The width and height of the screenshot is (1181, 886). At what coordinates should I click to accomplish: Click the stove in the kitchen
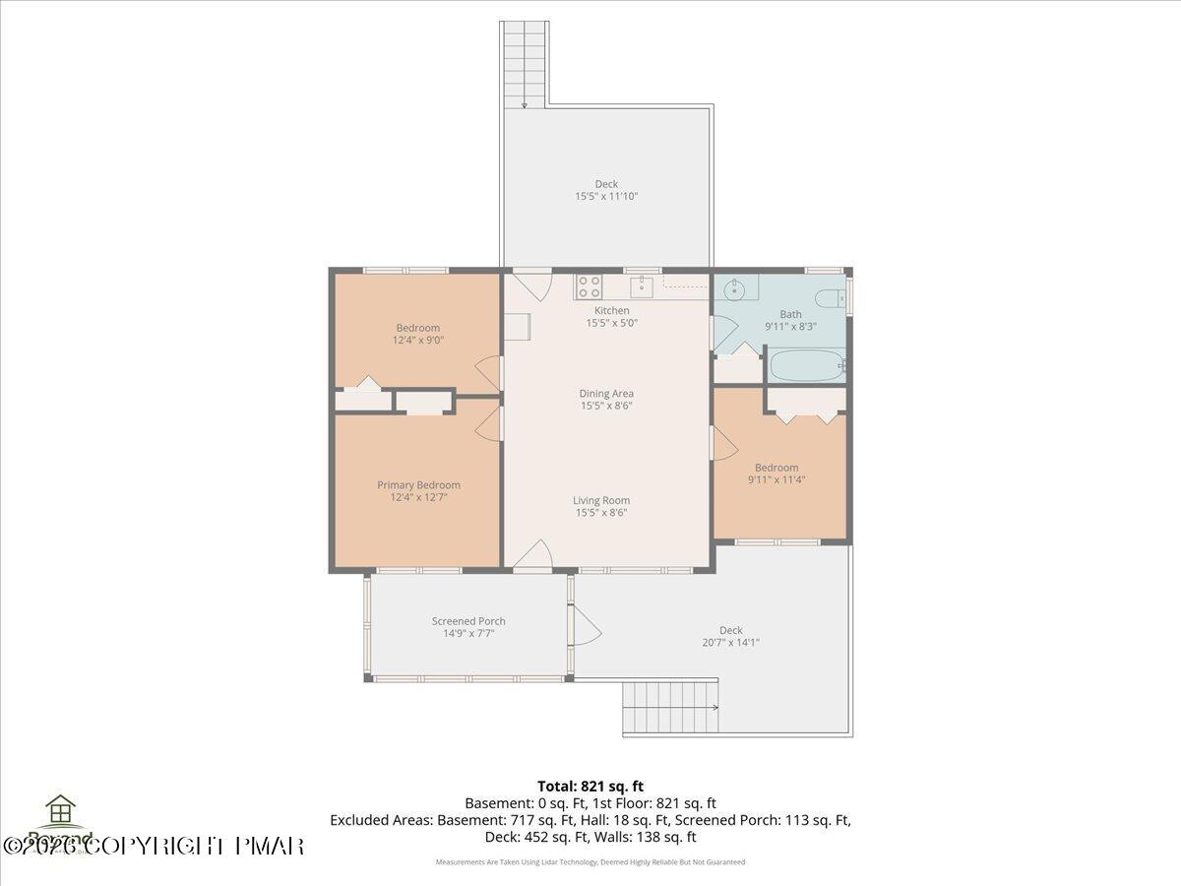click(x=589, y=286)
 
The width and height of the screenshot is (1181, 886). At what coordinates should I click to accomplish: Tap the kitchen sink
click(x=642, y=286)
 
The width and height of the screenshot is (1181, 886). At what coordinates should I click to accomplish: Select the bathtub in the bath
click(x=806, y=366)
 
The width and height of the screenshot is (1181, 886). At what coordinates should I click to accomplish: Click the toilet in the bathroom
click(x=828, y=298)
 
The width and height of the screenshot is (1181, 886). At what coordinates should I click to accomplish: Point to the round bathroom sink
click(x=733, y=290)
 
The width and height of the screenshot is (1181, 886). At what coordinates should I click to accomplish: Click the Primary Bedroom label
click(x=418, y=484)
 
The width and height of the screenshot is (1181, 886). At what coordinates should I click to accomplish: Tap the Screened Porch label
click(x=468, y=621)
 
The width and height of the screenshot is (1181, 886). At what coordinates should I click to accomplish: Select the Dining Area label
click(x=606, y=393)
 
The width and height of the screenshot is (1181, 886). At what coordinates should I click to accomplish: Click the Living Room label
click(x=601, y=500)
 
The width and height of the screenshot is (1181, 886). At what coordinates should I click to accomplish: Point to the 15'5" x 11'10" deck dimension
click(x=606, y=196)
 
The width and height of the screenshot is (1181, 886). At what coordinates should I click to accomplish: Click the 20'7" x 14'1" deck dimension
click(x=730, y=642)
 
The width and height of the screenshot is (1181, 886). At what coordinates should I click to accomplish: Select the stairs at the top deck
click(x=524, y=63)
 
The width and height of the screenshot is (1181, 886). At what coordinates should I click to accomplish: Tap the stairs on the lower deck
click(x=671, y=708)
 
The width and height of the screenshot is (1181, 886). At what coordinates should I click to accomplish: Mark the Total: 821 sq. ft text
click(x=590, y=786)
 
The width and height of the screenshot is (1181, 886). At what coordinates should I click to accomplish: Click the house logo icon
click(x=61, y=811)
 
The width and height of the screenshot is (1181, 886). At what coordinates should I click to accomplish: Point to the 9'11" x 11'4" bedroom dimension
click(x=777, y=480)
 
